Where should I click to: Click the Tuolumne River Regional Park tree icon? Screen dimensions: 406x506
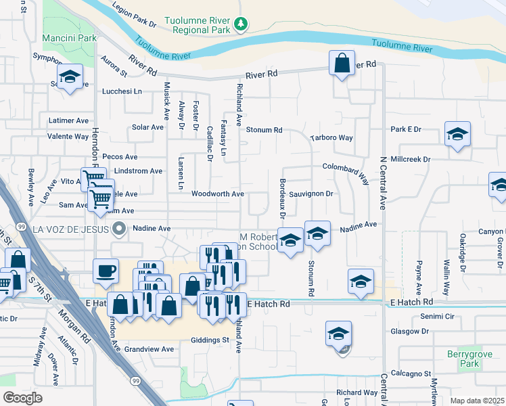240,25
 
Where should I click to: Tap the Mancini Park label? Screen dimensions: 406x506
70,39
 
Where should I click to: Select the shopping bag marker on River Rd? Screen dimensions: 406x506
342,64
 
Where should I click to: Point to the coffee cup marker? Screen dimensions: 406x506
106,271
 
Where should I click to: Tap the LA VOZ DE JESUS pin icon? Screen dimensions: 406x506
119,229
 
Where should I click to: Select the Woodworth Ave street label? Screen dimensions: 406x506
217,194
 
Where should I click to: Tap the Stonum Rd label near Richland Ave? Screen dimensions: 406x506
263,130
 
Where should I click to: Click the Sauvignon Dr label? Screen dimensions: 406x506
312,194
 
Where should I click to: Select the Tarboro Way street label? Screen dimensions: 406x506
331,138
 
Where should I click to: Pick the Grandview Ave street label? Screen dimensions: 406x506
149,349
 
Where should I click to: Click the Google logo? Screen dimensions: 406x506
22,398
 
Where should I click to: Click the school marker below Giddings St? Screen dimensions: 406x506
338,334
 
